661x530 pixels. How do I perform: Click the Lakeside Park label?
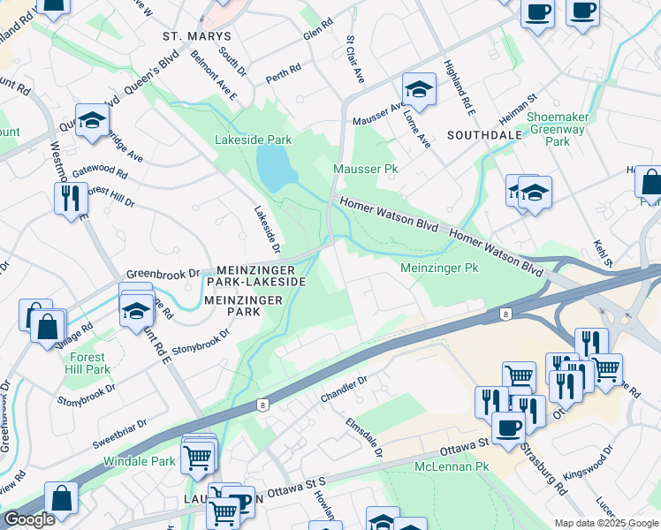[x=254, y=140]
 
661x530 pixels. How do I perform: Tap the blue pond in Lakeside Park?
[x=273, y=165]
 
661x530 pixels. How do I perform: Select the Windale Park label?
[x=139, y=461]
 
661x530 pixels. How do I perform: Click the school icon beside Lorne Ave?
[x=419, y=88]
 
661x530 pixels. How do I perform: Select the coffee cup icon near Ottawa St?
[x=507, y=428]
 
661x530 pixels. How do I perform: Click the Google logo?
[x=28, y=519]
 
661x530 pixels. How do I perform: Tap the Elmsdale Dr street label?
[x=364, y=437]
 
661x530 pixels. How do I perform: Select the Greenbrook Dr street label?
[x=163, y=274]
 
